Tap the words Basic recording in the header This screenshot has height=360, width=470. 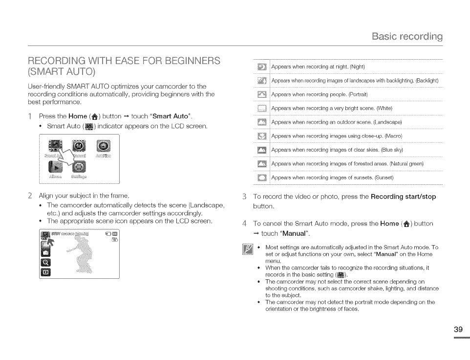[x=407, y=36]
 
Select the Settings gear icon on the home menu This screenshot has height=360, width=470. [x=78, y=167]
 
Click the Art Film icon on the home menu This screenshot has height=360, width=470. [x=104, y=146]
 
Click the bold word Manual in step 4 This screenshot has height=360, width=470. [x=296, y=233]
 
